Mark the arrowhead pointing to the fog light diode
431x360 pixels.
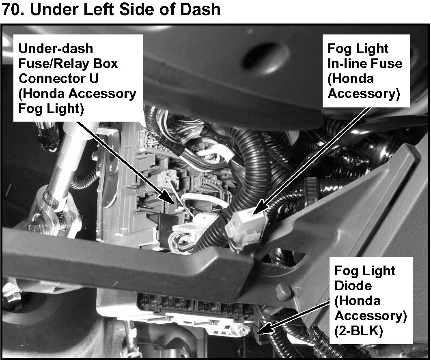pos(261,330)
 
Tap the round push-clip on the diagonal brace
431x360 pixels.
pos(284,290)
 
